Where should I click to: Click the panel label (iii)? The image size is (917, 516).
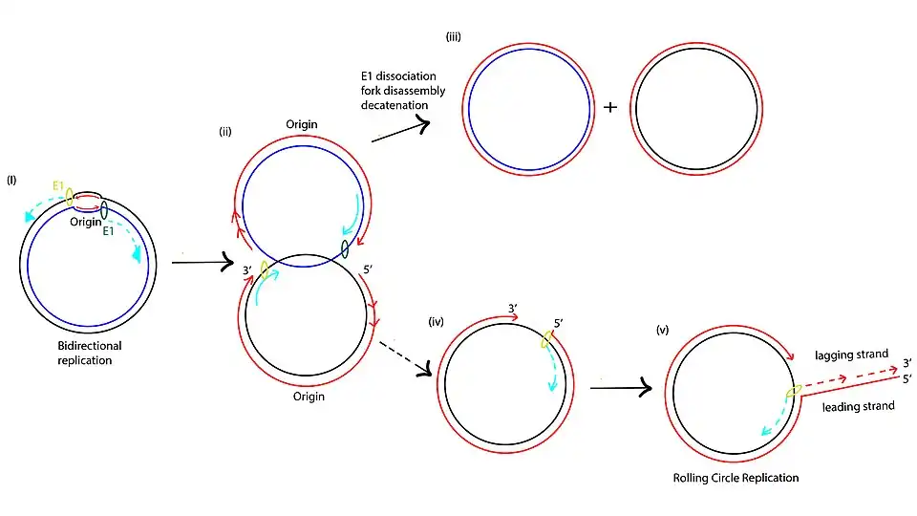(x=453, y=37)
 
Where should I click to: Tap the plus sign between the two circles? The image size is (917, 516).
(x=610, y=107)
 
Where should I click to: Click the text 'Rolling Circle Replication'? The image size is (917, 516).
(x=736, y=478)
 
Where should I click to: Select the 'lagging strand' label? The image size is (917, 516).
(x=851, y=355)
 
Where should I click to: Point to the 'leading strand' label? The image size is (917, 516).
(x=858, y=407)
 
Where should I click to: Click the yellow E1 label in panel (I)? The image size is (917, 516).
(x=58, y=186)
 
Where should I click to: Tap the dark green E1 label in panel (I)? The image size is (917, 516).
(x=108, y=231)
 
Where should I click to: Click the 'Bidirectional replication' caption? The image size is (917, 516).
(x=90, y=353)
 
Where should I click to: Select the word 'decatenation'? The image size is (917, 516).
(x=395, y=105)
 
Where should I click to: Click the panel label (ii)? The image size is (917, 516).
(x=225, y=132)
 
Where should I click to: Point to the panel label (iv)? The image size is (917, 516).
(x=437, y=321)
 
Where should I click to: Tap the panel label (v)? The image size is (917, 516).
(x=662, y=330)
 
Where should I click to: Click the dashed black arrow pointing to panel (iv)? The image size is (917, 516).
(x=405, y=358)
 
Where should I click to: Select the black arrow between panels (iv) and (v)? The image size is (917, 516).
(x=621, y=387)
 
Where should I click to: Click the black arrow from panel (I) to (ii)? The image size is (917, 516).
(x=203, y=262)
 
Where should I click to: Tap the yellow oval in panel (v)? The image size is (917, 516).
(x=794, y=391)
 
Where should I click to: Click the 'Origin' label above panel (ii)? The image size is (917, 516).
(x=302, y=124)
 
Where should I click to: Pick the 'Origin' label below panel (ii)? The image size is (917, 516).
(x=309, y=397)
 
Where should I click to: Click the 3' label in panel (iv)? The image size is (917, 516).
(x=513, y=309)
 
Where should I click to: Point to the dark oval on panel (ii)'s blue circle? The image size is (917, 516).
(x=345, y=248)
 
